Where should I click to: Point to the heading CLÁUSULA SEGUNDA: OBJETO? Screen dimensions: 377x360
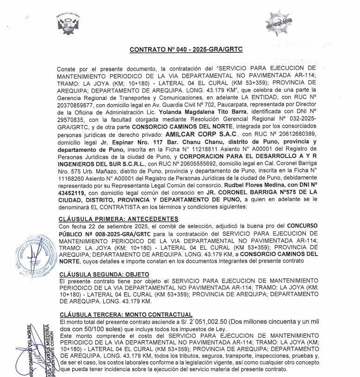pos(102,274)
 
